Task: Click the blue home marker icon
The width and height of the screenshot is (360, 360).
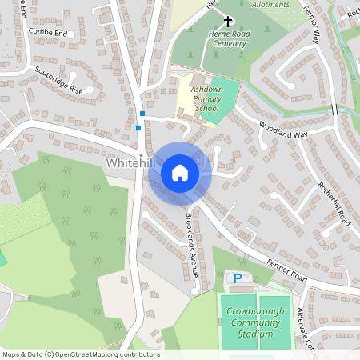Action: click(x=180, y=172)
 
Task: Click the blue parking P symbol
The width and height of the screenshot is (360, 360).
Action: click(x=237, y=278)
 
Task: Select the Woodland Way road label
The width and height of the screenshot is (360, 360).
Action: click(x=282, y=129)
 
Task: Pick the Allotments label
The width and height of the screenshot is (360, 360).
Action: click(x=271, y=4)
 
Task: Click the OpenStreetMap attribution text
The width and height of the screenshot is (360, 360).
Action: click(x=81, y=354)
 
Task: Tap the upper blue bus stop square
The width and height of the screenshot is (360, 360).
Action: click(x=142, y=114)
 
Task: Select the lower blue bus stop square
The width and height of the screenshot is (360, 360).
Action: click(x=138, y=127)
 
